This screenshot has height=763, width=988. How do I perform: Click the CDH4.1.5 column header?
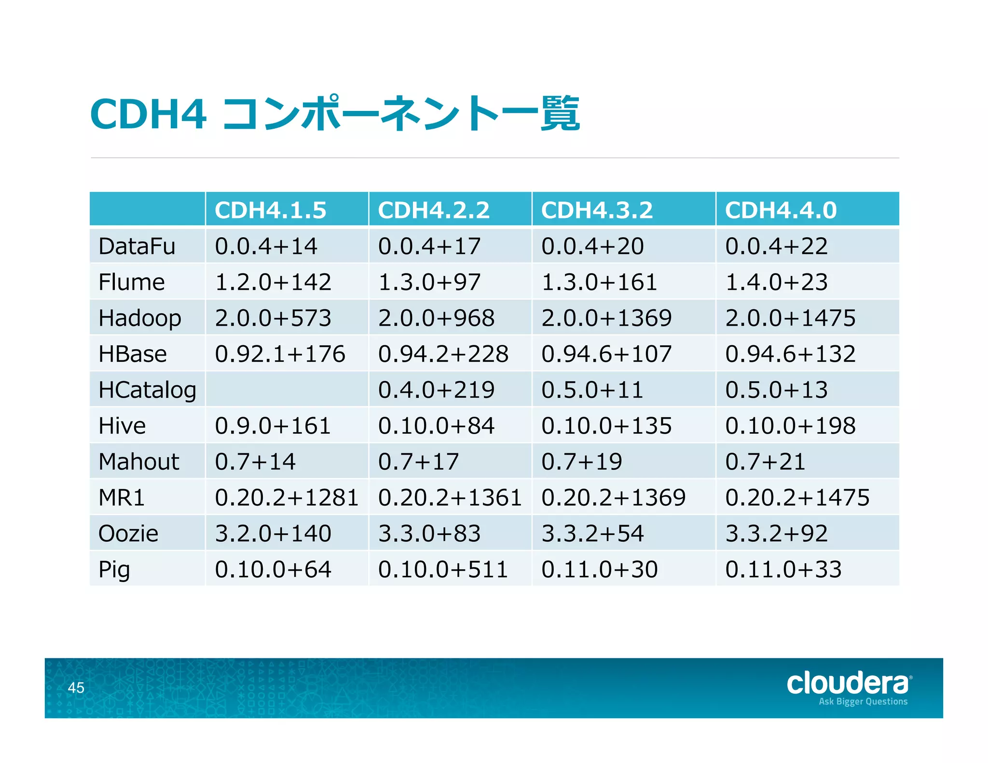[x=271, y=210]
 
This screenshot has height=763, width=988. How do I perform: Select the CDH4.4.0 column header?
[x=781, y=210]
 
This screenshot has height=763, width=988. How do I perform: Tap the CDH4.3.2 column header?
[x=597, y=210]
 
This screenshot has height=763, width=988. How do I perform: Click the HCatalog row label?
[x=147, y=390]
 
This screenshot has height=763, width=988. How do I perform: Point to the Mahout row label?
[x=138, y=462]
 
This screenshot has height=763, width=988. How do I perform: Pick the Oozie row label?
[x=128, y=533]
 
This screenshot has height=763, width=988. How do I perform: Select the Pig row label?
[x=114, y=570]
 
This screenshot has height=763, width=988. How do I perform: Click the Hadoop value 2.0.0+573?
[x=273, y=318]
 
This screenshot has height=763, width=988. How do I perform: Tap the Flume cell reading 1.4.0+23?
[x=776, y=282]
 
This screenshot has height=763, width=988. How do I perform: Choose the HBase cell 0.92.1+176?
[x=280, y=354]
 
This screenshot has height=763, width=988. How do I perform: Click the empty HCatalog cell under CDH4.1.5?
[x=287, y=390]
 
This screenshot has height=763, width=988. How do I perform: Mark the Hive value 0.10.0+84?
[x=436, y=426]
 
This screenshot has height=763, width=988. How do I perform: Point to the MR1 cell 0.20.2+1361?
[x=450, y=498]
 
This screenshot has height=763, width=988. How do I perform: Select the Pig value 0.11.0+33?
[x=783, y=570]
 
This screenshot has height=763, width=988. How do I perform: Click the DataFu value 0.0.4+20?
[x=592, y=246]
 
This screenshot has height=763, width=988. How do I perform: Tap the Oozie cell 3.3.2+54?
[x=592, y=533]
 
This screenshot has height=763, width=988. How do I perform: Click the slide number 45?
[x=76, y=688]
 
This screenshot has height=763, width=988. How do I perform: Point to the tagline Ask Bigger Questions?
[x=863, y=702]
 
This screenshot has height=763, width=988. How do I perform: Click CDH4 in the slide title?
[x=148, y=114]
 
